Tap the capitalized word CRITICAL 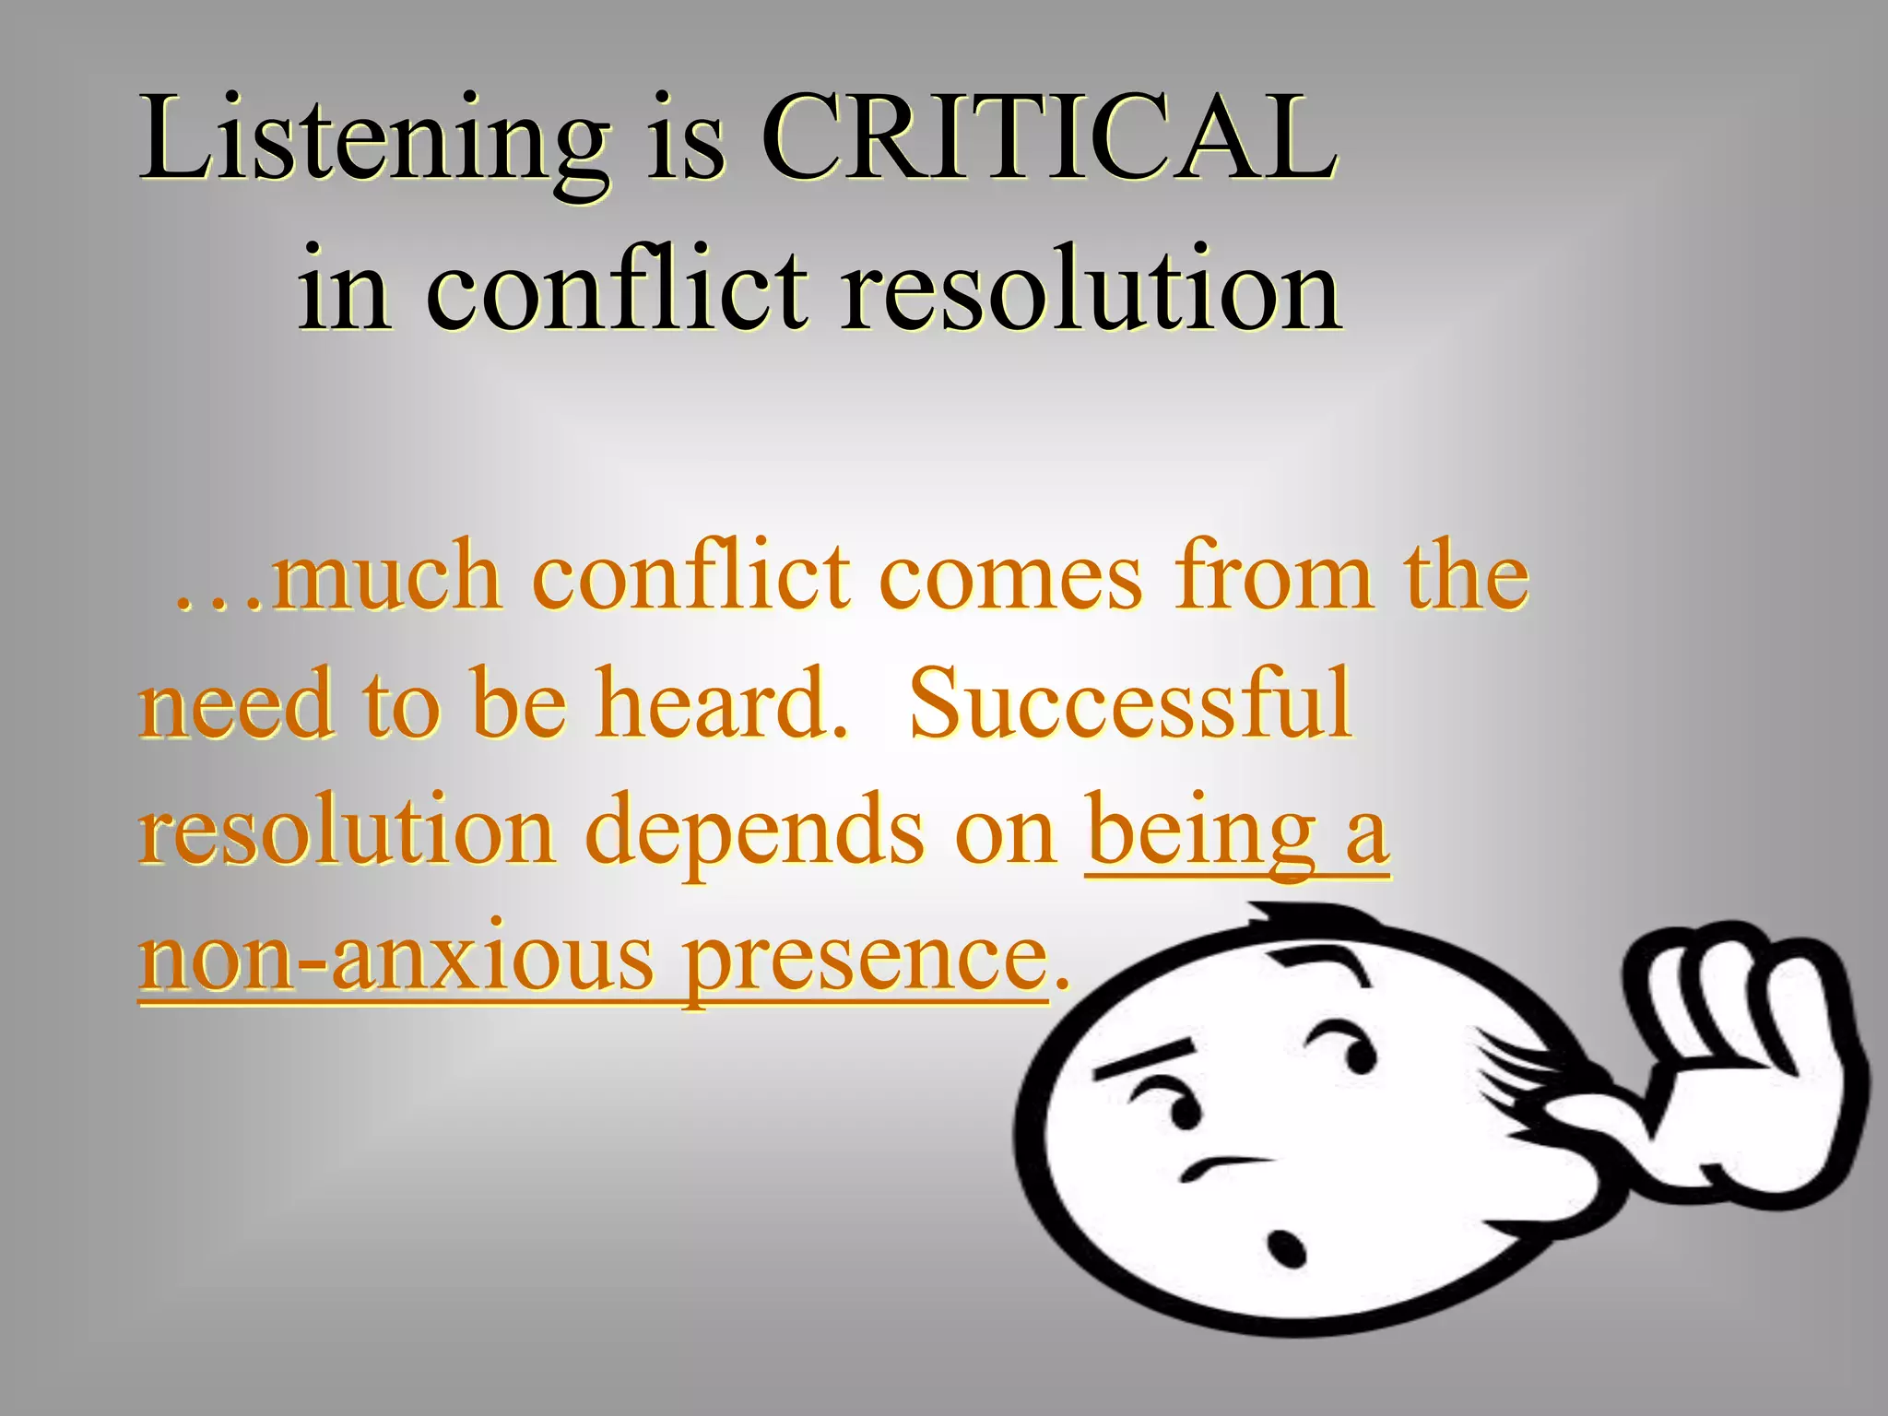tap(1049, 138)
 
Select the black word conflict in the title tap(617, 288)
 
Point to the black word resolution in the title tap(1091, 288)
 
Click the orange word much tap(387, 577)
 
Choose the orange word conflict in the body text tap(691, 577)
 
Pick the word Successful tap(1130, 704)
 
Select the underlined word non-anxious tap(396, 959)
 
